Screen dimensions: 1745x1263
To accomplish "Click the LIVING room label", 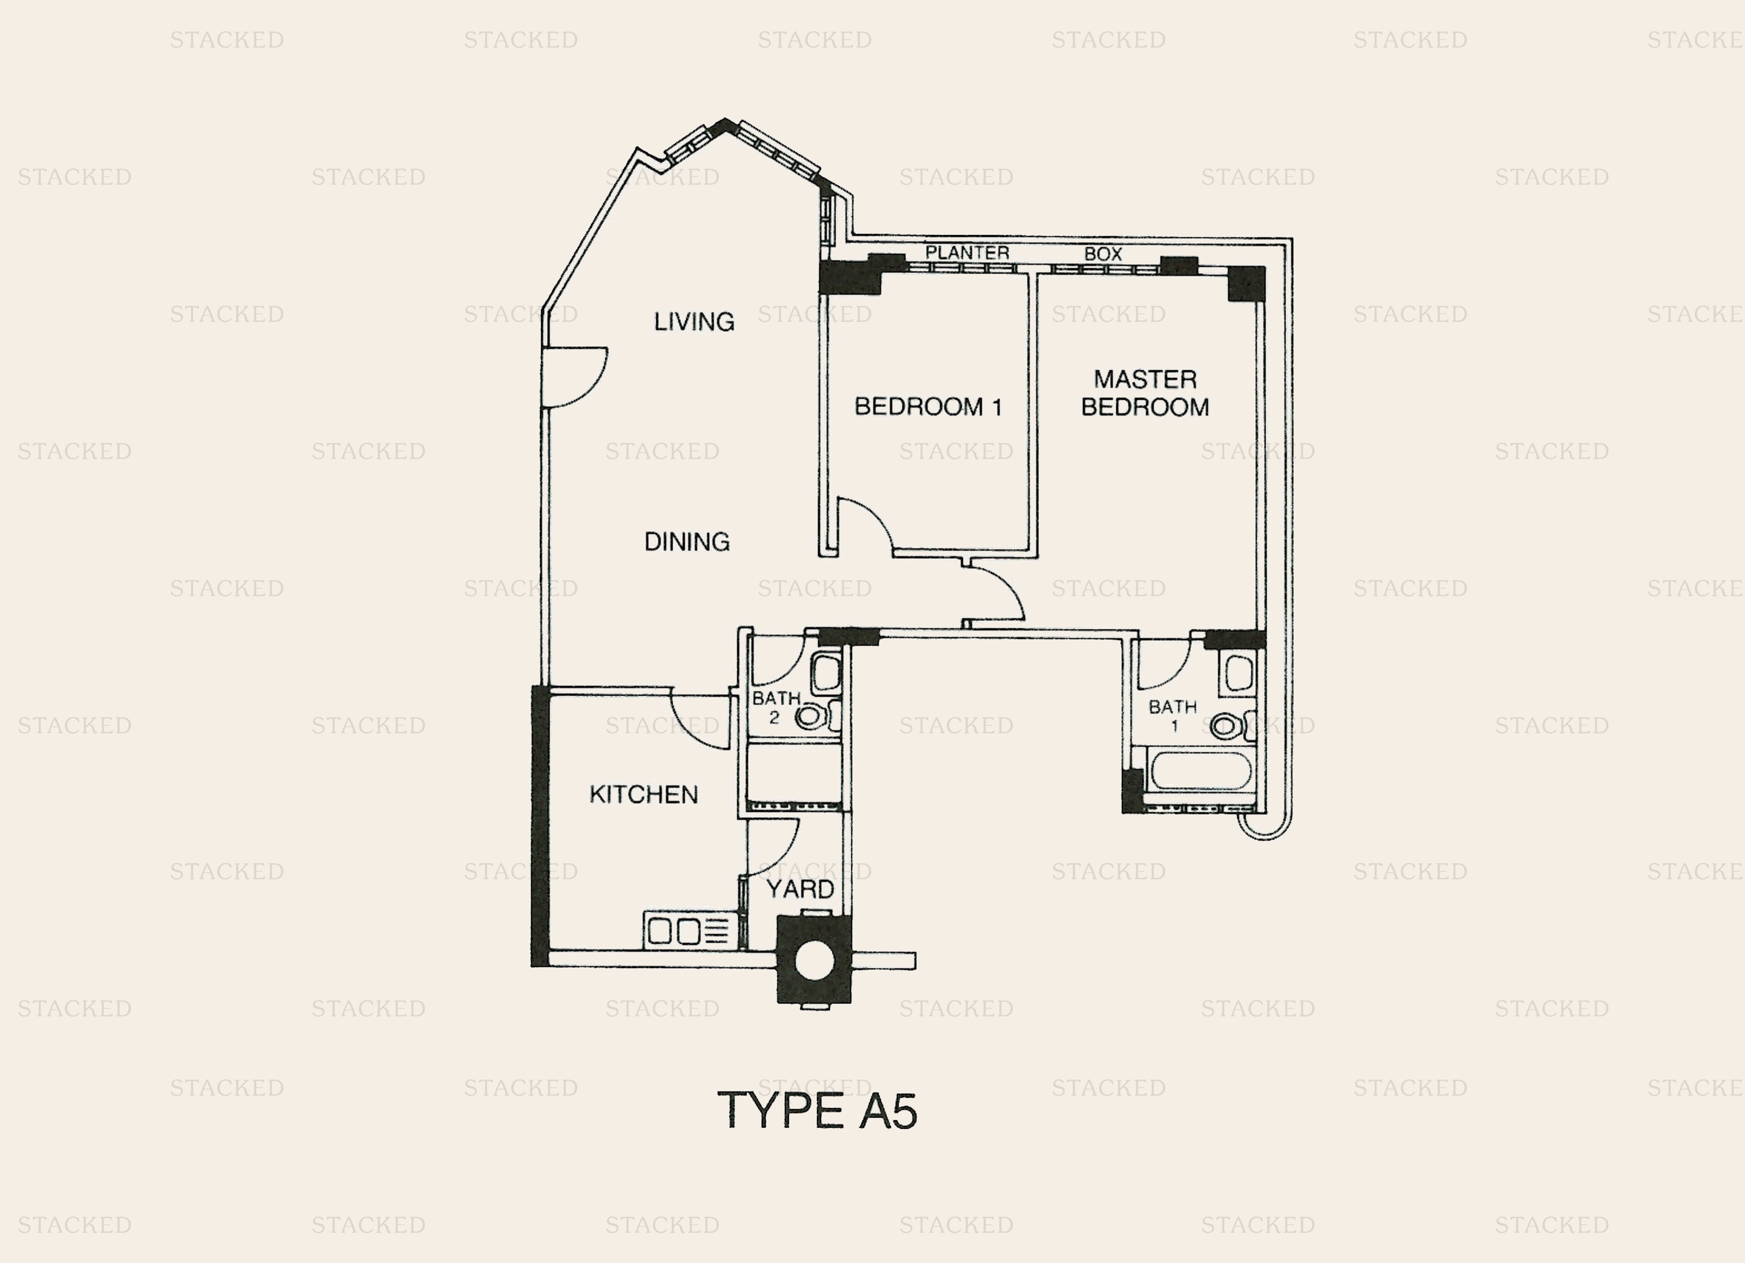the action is [694, 321].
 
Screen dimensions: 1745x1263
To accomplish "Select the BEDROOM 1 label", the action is [929, 407].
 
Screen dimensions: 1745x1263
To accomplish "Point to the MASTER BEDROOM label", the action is [1145, 393].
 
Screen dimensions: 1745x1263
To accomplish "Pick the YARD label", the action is [800, 889].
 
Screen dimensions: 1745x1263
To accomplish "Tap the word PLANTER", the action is [967, 252].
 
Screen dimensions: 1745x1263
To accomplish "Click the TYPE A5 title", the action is [817, 1111].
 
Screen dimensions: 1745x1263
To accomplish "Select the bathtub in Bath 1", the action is [1200, 770].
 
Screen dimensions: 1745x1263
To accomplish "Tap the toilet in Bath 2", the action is [816, 717].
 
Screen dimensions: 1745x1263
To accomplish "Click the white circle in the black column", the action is [814, 962].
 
